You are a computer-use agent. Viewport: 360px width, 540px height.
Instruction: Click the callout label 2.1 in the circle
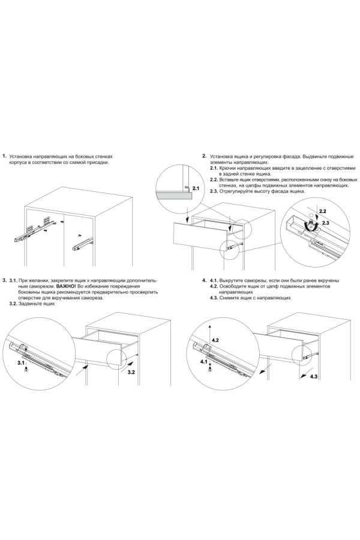point(196,188)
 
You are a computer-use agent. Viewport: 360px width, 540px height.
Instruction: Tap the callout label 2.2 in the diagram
point(322,211)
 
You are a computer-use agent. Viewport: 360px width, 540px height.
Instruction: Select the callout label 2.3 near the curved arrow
point(326,223)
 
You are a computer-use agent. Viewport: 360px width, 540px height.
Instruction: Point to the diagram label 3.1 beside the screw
point(21,363)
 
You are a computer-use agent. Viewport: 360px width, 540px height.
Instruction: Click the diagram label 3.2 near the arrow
point(131,372)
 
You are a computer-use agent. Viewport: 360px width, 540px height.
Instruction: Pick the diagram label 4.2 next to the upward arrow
point(215,340)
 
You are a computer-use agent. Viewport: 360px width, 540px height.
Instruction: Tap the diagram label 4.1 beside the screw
point(203,362)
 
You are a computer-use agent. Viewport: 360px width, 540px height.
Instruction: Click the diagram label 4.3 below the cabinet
point(314,377)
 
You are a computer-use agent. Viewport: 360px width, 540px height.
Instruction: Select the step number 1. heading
point(5,155)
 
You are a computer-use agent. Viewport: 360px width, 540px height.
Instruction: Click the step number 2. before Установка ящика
point(204,156)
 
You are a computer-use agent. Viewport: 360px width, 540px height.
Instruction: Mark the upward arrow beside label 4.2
point(210,334)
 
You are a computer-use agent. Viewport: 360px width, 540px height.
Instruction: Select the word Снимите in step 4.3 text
point(228,298)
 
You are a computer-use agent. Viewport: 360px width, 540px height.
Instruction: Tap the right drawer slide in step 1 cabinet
point(83,244)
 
